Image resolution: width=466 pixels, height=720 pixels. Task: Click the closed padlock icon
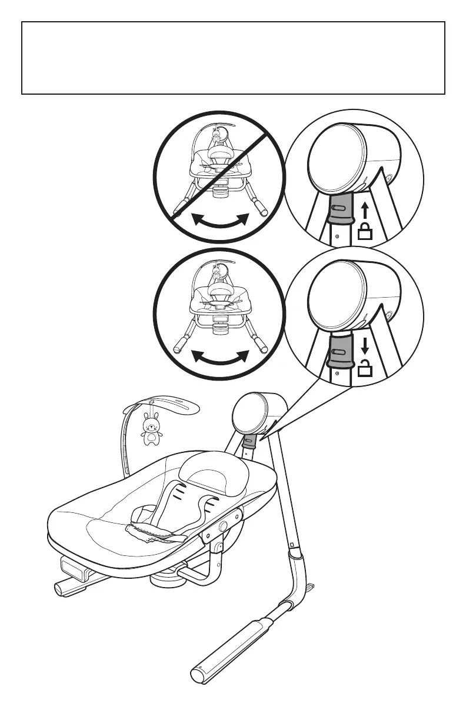(x=365, y=232)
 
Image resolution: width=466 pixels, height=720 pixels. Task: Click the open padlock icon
(x=365, y=369)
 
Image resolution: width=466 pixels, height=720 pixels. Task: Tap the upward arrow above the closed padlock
(x=365, y=210)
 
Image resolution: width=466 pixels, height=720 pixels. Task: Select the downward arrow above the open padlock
(x=365, y=345)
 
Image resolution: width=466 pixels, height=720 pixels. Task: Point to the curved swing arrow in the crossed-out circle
(x=221, y=222)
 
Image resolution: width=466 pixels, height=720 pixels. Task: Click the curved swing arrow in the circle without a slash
(x=221, y=358)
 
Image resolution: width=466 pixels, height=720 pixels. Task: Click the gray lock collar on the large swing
(x=248, y=441)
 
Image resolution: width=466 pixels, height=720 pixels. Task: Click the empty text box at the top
(x=233, y=58)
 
